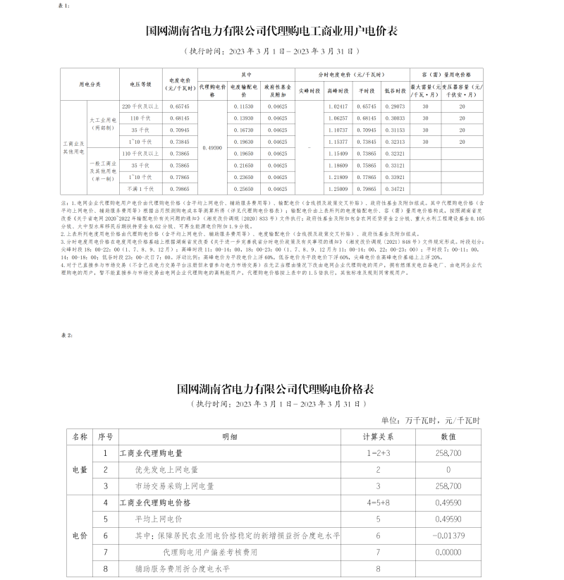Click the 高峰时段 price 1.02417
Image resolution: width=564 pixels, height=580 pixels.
point(338,106)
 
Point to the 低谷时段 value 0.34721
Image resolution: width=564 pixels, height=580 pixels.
point(395,190)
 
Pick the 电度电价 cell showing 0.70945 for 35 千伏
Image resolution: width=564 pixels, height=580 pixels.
point(178,130)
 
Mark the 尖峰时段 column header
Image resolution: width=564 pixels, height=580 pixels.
point(310,91)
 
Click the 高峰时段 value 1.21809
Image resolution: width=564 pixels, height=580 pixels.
point(338,178)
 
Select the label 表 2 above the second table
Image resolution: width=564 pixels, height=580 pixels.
point(68,335)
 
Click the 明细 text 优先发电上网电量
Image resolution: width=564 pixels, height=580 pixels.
point(167,469)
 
